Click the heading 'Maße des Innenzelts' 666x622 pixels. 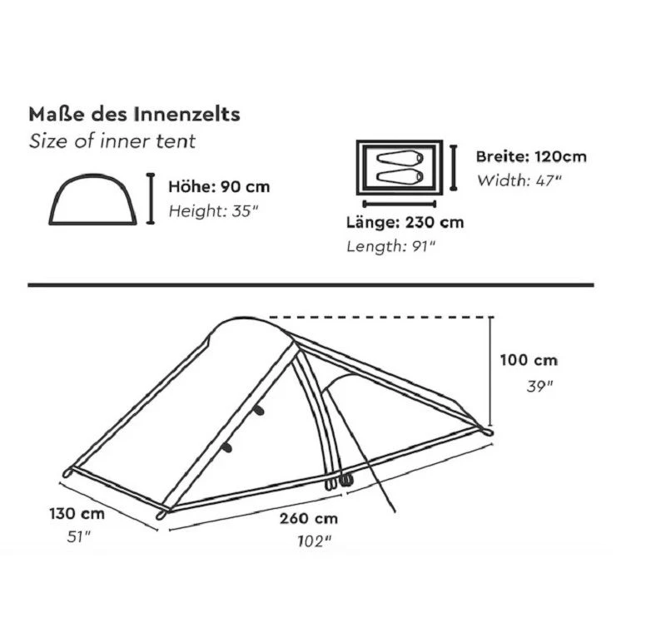point(135,114)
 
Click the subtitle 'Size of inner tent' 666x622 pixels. point(112,141)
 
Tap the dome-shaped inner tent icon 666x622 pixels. point(93,200)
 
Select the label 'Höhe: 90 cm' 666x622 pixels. point(219,187)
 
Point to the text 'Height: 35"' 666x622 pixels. point(214,210)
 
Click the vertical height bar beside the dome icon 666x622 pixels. point(151,199)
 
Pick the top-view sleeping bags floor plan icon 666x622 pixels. point(400,167)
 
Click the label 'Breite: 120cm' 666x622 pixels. point(531,156)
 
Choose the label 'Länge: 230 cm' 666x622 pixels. point(405,223)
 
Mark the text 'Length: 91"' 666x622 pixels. point(391,246)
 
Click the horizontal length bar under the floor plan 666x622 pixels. point(400,203)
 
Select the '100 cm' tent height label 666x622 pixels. point(529,361)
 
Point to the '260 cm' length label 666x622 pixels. point(309,518)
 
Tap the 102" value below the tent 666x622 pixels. point(315,541)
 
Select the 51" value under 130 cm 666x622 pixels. point(78,536)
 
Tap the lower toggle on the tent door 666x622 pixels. point(226,447)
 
